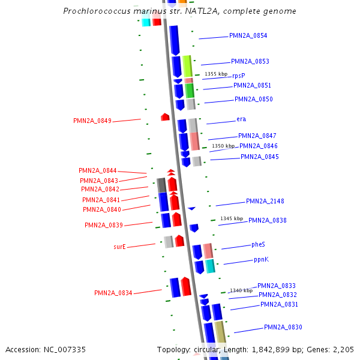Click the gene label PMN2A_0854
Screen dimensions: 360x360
[248, 36]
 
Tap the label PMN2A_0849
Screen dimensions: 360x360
[92, 121]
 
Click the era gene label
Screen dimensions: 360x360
[241, 119]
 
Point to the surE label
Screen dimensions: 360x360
[119, 247]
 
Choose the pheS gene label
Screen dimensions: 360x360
[258, 245]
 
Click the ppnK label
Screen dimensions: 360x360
[261, 260]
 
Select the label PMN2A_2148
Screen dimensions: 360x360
[265, 202]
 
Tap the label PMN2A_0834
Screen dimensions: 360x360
[113, 293]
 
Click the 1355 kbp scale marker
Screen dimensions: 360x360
[216, 74]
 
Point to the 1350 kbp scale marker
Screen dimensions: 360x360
[223, 146]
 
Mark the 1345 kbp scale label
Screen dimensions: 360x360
[232, 218]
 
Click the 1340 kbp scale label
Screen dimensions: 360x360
[241, 290]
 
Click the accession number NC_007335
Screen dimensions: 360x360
[65, 349]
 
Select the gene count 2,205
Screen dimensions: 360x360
[343, 349]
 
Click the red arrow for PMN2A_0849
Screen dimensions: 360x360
[165, 117]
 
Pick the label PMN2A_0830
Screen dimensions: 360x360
[283, 328]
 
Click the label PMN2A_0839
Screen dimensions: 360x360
[103, 226]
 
